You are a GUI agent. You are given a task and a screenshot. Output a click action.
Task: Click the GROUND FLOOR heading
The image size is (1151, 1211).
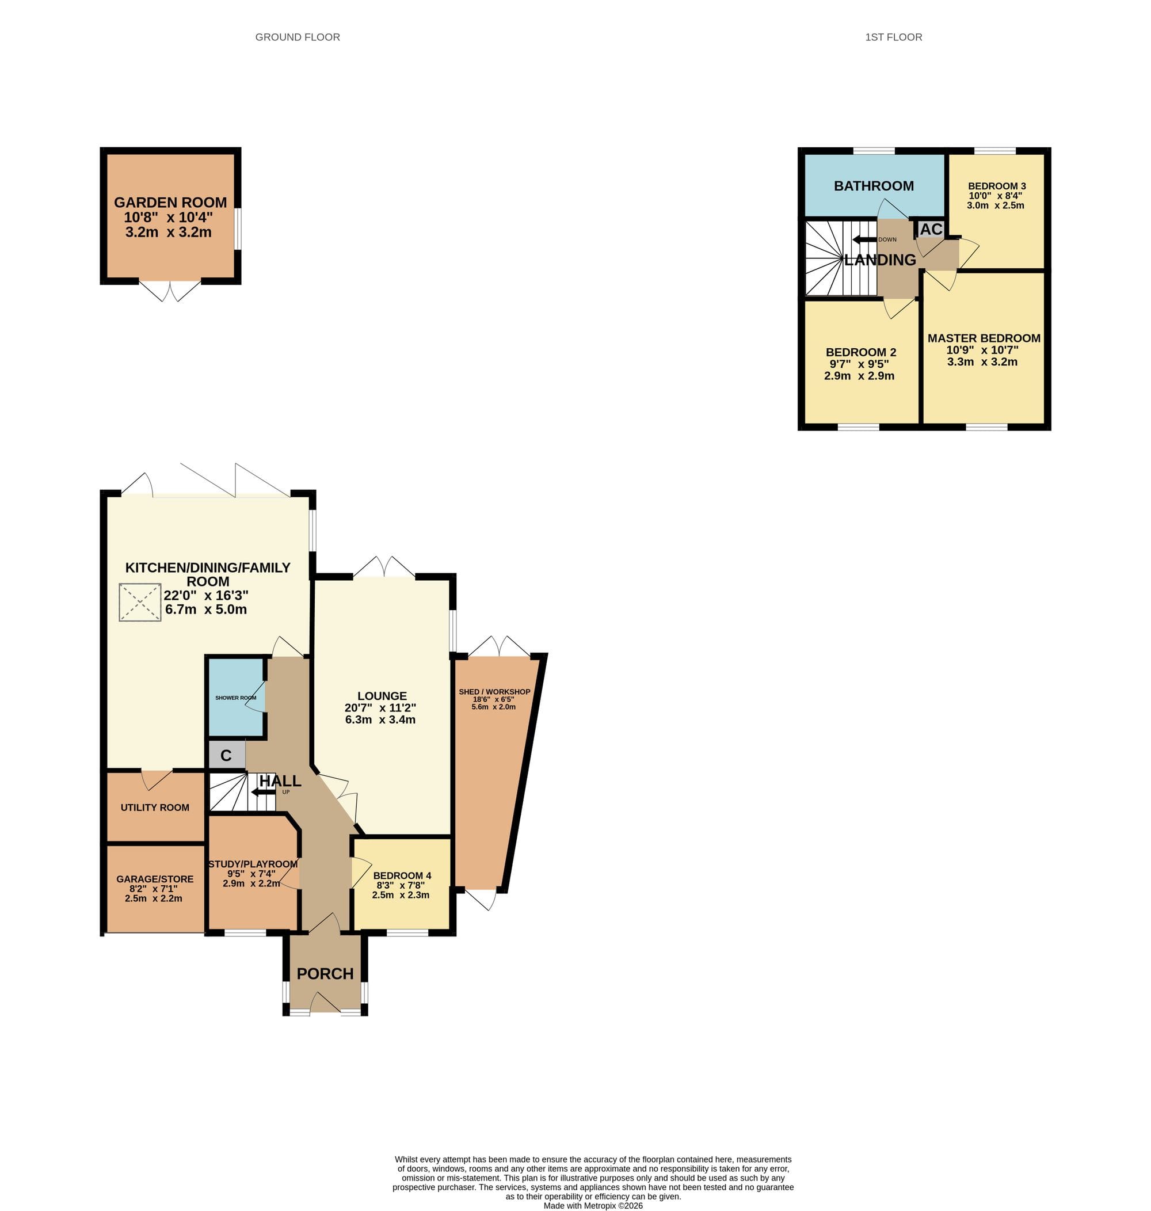coord(298,37)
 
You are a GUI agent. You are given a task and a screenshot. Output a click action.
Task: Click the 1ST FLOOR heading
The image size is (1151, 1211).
coord(893,37)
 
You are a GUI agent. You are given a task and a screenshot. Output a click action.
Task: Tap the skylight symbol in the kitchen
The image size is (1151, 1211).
coord(140,603)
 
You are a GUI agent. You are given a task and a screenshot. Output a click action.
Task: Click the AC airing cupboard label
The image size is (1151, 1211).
coord(931,229)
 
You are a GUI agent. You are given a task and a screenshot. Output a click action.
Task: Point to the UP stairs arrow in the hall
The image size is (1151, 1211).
coord(263,792)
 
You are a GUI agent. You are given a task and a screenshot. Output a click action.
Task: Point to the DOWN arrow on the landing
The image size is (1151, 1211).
coord(864,239)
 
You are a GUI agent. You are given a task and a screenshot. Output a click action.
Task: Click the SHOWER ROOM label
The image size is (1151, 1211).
coord(235,698)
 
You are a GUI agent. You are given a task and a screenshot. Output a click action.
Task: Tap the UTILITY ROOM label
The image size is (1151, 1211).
coord(155,808)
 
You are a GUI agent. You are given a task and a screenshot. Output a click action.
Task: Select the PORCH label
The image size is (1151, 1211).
coord(325,974)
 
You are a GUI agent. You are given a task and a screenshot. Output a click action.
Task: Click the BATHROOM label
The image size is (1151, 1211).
coord(874,186)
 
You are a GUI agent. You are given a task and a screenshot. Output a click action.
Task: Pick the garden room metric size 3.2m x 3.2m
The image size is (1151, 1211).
coord(168,233)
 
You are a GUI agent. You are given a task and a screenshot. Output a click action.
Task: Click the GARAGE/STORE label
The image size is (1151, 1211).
coord(155,879)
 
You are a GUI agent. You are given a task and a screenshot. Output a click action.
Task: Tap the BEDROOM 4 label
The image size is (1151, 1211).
coord(402,875)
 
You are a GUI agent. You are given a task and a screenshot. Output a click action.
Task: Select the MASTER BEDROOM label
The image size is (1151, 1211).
coord(984,338)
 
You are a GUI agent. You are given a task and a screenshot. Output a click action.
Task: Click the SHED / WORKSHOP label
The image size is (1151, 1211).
coord(494,692)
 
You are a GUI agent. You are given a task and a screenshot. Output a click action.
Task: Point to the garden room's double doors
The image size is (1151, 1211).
coord(170,291)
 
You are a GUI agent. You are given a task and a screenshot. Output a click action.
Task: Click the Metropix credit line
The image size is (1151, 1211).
coord(593,1205)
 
